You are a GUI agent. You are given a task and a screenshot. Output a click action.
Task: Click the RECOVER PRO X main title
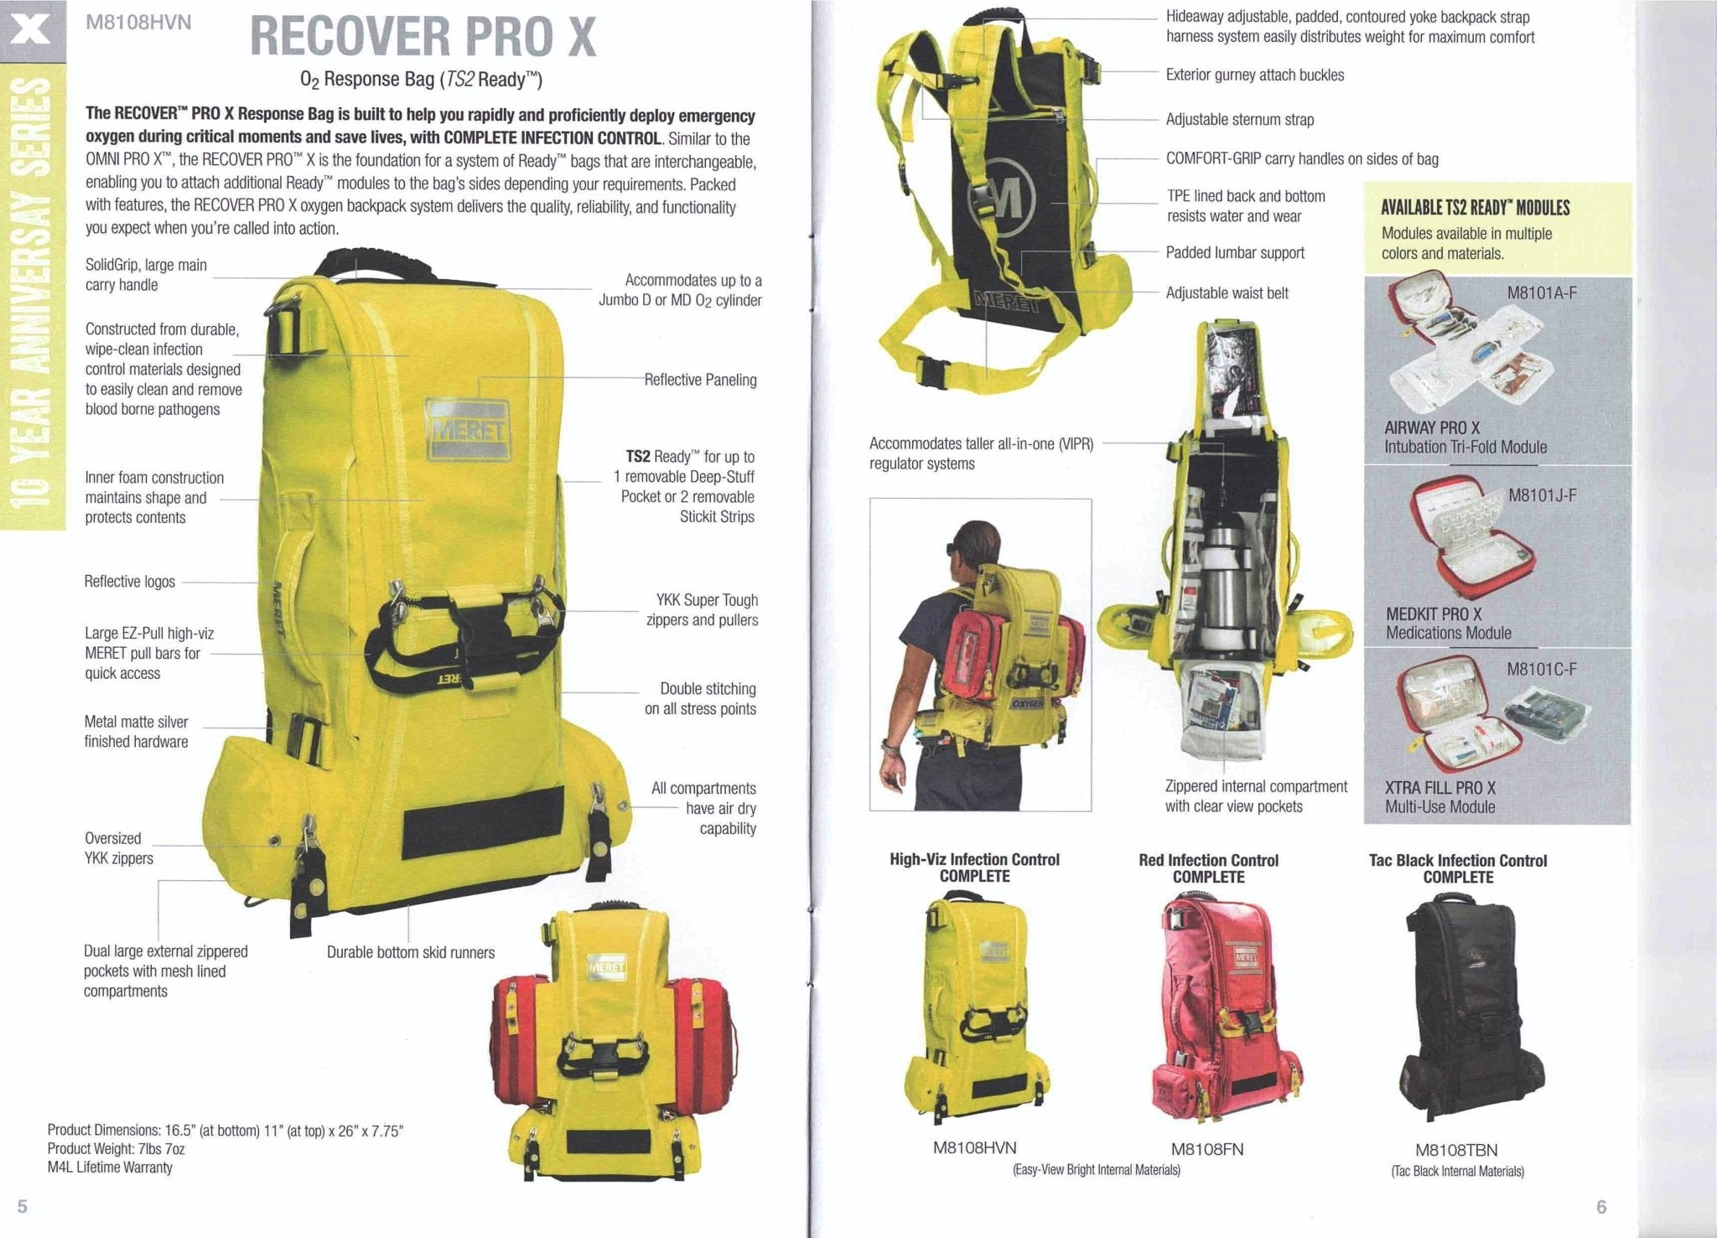click(423, 37)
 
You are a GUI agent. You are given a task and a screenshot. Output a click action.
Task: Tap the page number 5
click(23, 1206)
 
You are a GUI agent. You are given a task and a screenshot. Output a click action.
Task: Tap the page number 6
click(1601, 1207)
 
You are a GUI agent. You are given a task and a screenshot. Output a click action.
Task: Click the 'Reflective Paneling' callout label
click(700, 380)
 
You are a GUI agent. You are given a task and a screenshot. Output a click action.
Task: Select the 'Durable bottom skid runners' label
click(410, 952)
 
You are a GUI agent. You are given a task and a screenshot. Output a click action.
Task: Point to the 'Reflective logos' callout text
click(129, 582)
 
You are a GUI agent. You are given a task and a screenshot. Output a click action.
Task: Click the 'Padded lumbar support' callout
click(1235, 252)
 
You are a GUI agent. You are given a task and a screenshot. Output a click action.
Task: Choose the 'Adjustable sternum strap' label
click(1239, 119)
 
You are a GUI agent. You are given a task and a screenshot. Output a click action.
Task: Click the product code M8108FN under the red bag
click(1206, 1149)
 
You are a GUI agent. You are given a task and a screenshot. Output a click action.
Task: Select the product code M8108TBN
click(1456, 1150)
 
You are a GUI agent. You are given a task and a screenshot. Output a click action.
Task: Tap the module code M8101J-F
click(1542, 495)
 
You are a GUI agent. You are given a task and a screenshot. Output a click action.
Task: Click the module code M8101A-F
click(1542, 293)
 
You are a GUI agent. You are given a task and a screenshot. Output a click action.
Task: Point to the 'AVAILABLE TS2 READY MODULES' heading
click(1475, 207)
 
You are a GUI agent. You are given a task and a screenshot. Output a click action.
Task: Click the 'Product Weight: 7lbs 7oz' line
click(116, 1148)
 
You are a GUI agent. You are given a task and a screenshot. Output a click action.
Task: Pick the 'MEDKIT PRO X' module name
click(1434, 614)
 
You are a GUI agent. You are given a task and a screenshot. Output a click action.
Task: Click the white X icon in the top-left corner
click(32, 31)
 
